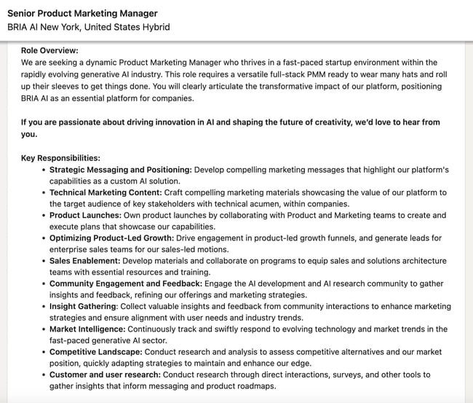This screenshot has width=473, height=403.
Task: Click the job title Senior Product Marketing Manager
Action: pyautogui.click(x=82, y=13)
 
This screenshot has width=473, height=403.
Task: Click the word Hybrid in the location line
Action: pyautogui.click(x=156, y=27)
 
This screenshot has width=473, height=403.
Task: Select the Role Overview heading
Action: pyautogui.click(x=49, y=51)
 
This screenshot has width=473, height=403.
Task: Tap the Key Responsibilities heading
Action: pyautogui.click(x=60, y=158)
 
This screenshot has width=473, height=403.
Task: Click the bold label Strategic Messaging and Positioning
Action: pyautogui.click(x=120, y=170)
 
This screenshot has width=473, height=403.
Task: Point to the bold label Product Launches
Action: pyautogui.click(x=84, y=216)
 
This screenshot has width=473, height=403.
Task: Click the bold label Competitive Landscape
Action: pyautogui.click(x=96, y=352)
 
